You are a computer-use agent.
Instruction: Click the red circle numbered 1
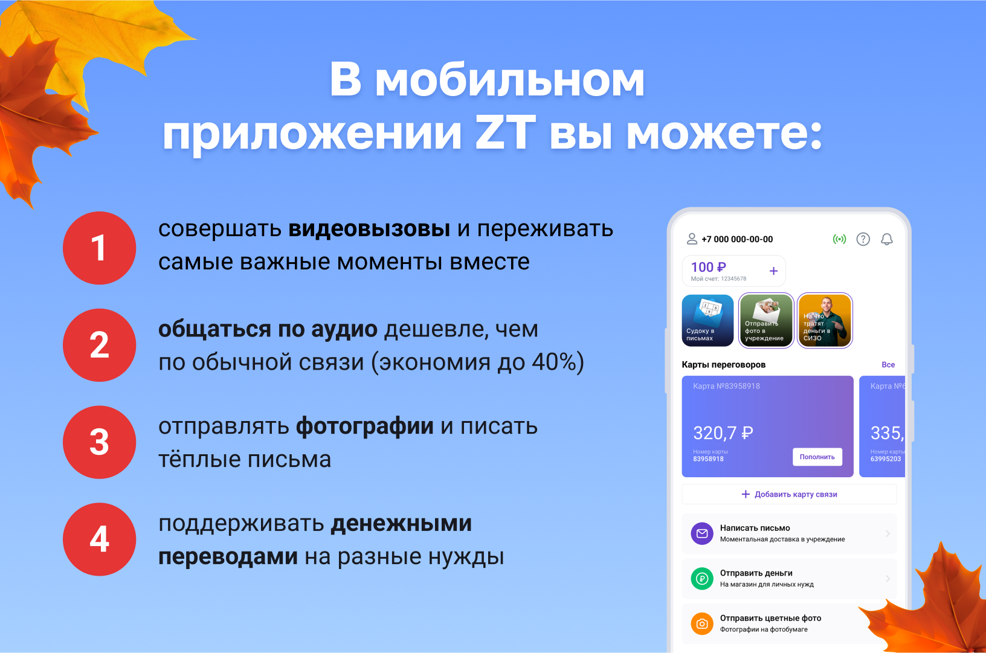click(100, 248)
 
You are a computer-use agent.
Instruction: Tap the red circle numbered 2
click(100, 345)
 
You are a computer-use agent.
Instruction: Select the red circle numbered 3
click(100, 442)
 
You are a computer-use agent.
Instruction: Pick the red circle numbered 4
click(100, 539)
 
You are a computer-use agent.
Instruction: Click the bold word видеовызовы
click(369, 229)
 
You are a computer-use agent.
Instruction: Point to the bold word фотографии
click(364, 426)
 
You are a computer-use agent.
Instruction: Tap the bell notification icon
click(886, 239)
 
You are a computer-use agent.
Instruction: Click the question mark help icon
click(863, 239)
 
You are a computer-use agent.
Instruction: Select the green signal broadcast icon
click(839, 239)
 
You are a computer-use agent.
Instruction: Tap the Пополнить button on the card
click(817, 457)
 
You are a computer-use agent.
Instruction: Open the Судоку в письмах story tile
click(708, 320)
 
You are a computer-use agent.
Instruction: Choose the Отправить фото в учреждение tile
click(766, 320)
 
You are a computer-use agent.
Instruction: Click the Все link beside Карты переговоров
click(888, 364)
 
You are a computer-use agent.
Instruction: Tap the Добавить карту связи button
click(789, 494)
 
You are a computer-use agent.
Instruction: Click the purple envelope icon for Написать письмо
click(702, 533)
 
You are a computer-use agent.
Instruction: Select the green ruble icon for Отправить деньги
click(702, 579)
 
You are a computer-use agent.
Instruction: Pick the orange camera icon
click(702, 623)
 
